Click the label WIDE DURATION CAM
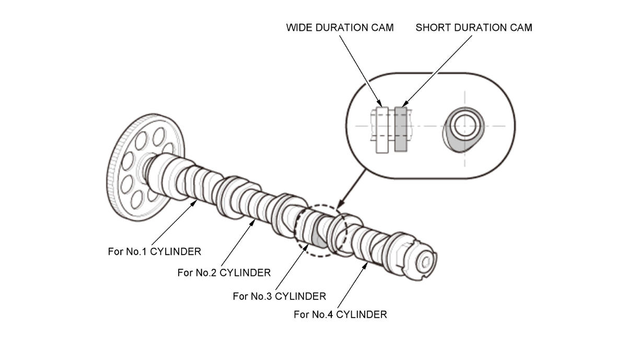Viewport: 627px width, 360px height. (340, 28)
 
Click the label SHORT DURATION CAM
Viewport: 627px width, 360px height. (474, 28)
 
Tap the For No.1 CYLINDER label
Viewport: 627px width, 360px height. (155, 251)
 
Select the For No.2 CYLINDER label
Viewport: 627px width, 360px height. (224, 272)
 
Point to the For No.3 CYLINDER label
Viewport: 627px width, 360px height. (280, 296)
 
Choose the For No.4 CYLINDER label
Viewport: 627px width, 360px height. (340, 315)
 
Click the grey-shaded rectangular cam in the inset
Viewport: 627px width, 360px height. (401, 129)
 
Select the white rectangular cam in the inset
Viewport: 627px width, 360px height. (382, 130)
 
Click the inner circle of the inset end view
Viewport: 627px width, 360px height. (465, 126)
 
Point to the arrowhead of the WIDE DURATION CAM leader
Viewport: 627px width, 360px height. (380, 104)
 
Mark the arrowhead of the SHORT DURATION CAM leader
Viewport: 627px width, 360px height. (405, 104)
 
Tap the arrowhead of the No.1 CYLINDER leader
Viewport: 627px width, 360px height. (194, 203)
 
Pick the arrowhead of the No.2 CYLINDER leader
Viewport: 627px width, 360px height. (253, 223)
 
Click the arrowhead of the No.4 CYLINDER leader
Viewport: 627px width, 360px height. (365, 265)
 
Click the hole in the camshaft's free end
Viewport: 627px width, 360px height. (426, 262)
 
